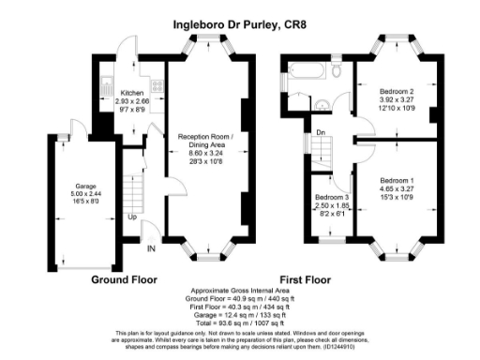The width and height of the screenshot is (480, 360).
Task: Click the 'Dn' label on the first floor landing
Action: [x=321, y=132]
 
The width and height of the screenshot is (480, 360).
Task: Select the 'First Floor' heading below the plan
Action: [x=305, y=279]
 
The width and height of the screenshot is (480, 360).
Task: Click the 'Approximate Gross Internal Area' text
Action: [x=239, y=292]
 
